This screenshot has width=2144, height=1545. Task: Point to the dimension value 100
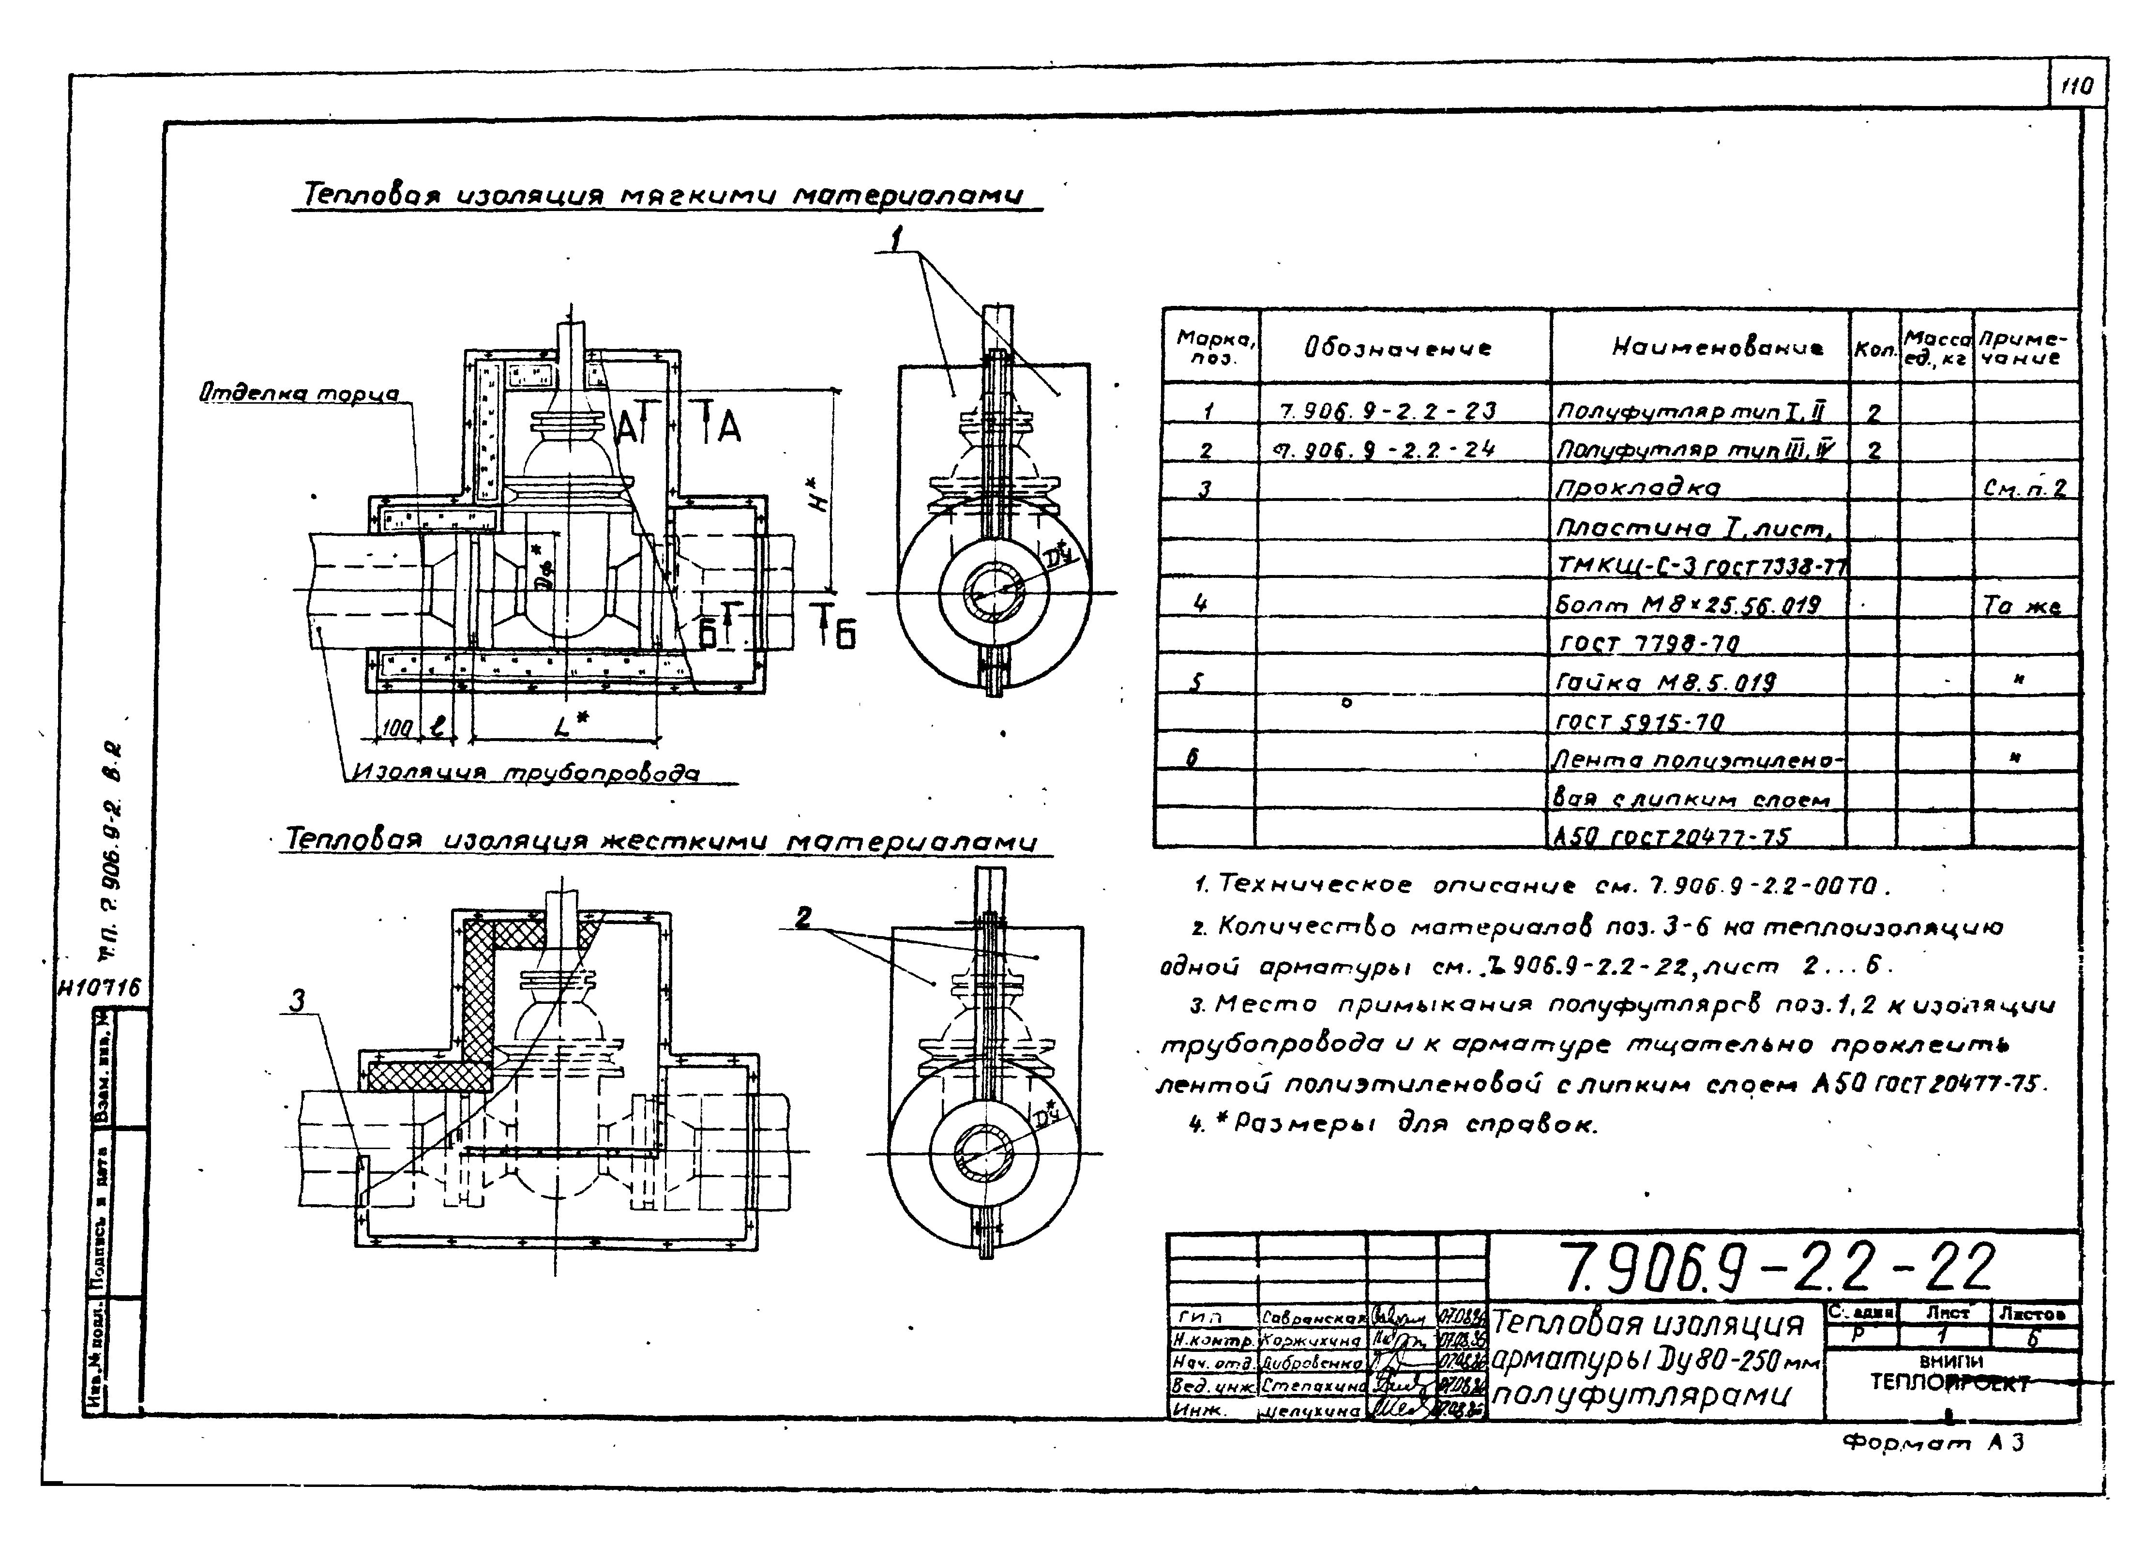(x=397, y=727)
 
